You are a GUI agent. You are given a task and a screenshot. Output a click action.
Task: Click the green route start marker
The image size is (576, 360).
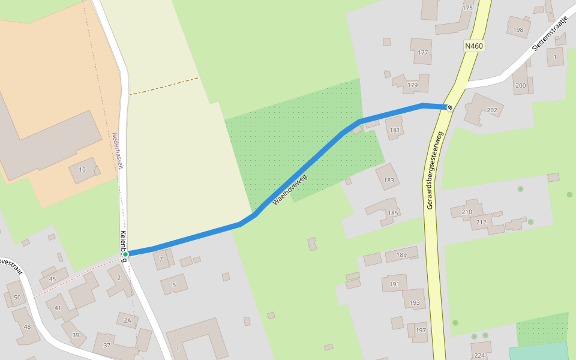[x=125, y=254]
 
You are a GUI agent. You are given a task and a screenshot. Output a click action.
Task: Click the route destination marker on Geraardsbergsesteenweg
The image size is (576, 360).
[x=449, y=107]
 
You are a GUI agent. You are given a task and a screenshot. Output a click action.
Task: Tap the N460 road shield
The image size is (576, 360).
[x=473, y=46]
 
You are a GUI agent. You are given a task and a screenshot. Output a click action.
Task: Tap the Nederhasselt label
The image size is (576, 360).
[x=117, y=151]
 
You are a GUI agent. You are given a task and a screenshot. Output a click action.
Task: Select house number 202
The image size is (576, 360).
[x=492, y=110]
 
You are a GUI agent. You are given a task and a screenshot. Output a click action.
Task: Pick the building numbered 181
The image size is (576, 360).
[x=395, y=130]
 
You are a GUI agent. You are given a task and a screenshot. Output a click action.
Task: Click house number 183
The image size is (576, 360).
[x=389, y=180]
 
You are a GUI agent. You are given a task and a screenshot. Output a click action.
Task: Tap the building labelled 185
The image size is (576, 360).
[x=393, y=213]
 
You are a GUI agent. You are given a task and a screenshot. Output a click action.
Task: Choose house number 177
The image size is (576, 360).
[x=423, y=53]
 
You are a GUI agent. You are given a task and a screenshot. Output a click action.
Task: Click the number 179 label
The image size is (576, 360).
[x=412, y=85]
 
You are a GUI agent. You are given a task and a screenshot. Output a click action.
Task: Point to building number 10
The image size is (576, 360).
[x=82, y=170]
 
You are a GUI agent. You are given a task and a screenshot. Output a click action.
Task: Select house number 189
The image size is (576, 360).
[x=401, y=255]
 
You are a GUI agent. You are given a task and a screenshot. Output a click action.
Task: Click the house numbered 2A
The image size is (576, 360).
[x=127, y=320]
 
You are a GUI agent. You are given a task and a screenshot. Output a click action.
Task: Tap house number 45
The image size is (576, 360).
[x=52, y=278]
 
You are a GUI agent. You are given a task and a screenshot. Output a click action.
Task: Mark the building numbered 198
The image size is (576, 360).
[x=518, y=29]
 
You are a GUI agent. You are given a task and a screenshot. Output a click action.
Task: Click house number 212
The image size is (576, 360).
[x=481, y=223]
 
